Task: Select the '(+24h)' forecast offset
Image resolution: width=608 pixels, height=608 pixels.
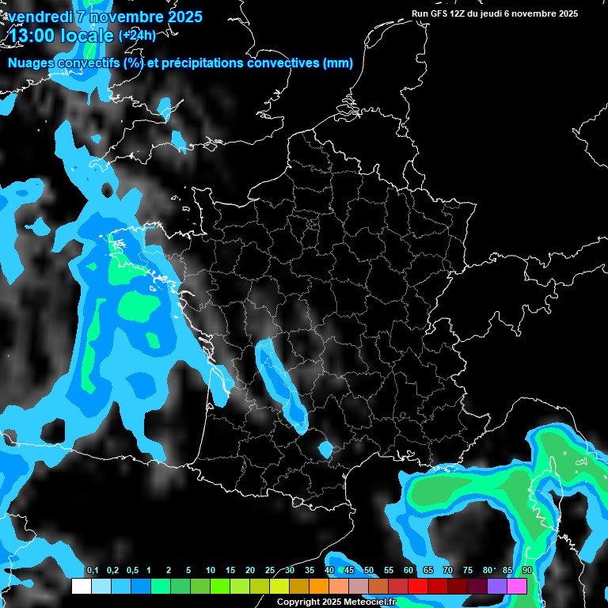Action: (137, 36)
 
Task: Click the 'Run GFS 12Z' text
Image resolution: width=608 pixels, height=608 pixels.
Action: (440, 13)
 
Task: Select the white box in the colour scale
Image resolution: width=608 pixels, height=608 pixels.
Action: (81, 587)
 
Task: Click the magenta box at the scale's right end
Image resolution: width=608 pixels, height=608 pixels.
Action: (517, 587)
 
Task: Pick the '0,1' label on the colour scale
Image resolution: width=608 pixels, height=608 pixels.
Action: (93, 571)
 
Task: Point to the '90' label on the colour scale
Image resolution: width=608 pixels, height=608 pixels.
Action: (526, 571)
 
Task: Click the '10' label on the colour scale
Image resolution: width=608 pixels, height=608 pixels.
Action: (210, 571)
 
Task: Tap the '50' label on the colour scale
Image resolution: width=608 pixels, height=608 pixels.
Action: (369, 571)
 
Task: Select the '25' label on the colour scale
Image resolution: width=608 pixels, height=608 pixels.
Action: (270, 571)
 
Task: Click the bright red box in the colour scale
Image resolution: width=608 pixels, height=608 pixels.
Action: (418, 587)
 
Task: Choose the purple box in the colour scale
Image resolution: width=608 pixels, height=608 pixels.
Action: (497, 587)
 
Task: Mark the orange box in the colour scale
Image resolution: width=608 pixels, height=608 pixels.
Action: (319, 587)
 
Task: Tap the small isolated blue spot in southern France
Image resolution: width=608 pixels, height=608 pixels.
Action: (325, 450)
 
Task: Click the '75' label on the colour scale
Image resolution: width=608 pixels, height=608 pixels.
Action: (467, 571)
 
